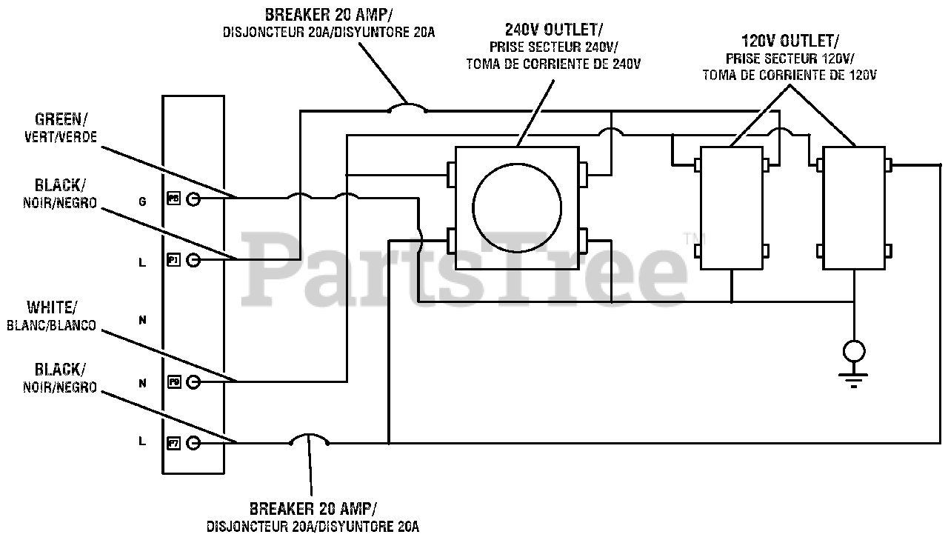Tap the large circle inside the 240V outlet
pyautogui.click(x=518, y=208)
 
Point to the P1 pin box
pyautogui.click(x=174, y=260)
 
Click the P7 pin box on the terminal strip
pyautogui.click(x=174, y=443)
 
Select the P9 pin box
pyautogui.click(x=174, y=381)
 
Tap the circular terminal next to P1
pyautogui.click(x=193, y=260)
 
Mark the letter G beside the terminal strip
pyautogui.click(x=143, y=200)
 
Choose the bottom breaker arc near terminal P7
pyautogui.click(x=309, y=439)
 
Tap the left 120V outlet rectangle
pyautogui.click(x=731, y=208)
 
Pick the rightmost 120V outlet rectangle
pyautogui.click(x=855, y=208)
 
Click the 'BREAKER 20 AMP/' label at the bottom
pyautogui.click(x=313, y=509)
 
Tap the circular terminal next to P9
pyautogui.click(x=193, y=381)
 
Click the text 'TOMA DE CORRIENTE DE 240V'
pyautogui.click(x=553, y=64)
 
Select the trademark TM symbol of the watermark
pyautogui.click(x=690, y=237)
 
